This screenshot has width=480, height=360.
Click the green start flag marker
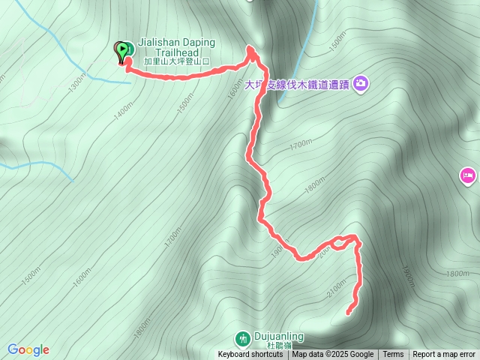coord(121,51)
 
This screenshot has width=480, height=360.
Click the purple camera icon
coord(361,82)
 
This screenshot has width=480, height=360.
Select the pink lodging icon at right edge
coord(466,176)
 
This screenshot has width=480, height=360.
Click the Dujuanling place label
coord(278,337)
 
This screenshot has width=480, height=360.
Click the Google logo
coord(28,349)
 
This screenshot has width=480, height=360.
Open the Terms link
coord(393,355)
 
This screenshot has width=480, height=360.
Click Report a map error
coord(444,355)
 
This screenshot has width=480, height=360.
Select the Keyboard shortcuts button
coord(250,355)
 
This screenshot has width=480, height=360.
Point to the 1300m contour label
coord(76,83)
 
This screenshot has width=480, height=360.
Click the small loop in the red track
coord(342,241)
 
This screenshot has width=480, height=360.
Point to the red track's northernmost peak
coord(251,49)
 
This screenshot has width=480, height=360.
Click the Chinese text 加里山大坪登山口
coord(172,61)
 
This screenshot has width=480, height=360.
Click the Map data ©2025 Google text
coord(332,355)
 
